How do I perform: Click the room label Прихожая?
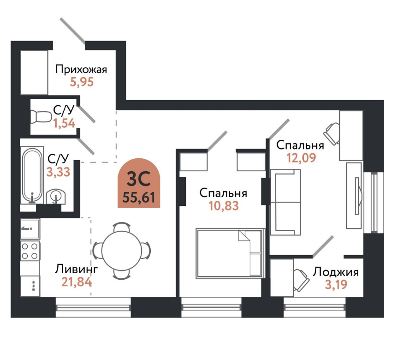81,70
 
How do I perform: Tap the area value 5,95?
81,83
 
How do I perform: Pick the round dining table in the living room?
121,251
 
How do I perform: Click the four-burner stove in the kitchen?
30,251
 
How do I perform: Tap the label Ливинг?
77,269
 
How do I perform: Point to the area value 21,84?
76,281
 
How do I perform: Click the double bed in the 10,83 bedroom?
229,253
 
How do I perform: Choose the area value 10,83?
224,206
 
